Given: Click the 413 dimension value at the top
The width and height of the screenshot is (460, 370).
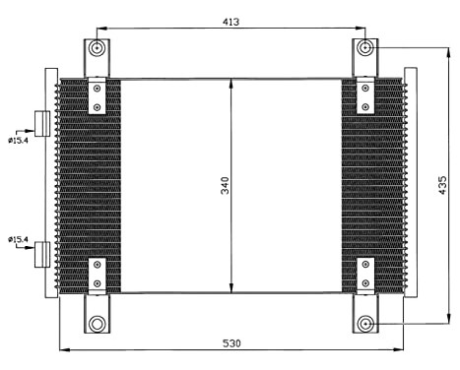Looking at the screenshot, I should click(231, 21).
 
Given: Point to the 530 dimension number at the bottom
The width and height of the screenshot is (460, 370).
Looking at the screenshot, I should click(231, 342).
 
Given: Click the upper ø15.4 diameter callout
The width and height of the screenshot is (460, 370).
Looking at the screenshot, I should click(19, 139).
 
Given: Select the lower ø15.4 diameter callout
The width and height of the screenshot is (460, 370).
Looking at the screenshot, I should click(19, 238).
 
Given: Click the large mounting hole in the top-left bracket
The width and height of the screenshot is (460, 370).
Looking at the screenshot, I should click(97, 48).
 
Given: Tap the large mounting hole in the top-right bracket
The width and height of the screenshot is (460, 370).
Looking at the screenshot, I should click(366, 47).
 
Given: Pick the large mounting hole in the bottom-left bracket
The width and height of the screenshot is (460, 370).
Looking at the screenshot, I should click(97, 324).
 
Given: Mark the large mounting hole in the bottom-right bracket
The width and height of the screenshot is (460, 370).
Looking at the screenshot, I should click(366, 324).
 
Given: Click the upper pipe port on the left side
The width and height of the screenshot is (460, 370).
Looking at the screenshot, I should click(42, 123).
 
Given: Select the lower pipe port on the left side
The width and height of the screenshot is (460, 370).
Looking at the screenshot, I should click(42, 255).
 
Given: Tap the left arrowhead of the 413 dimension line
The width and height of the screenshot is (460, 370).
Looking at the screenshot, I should click(100, 29).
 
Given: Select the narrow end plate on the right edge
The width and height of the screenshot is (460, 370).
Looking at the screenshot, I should click(411, 186).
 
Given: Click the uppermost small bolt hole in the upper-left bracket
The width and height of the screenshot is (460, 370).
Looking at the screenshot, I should click(97, 89).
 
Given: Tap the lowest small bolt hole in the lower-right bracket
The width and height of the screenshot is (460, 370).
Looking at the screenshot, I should click(366, 285).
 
